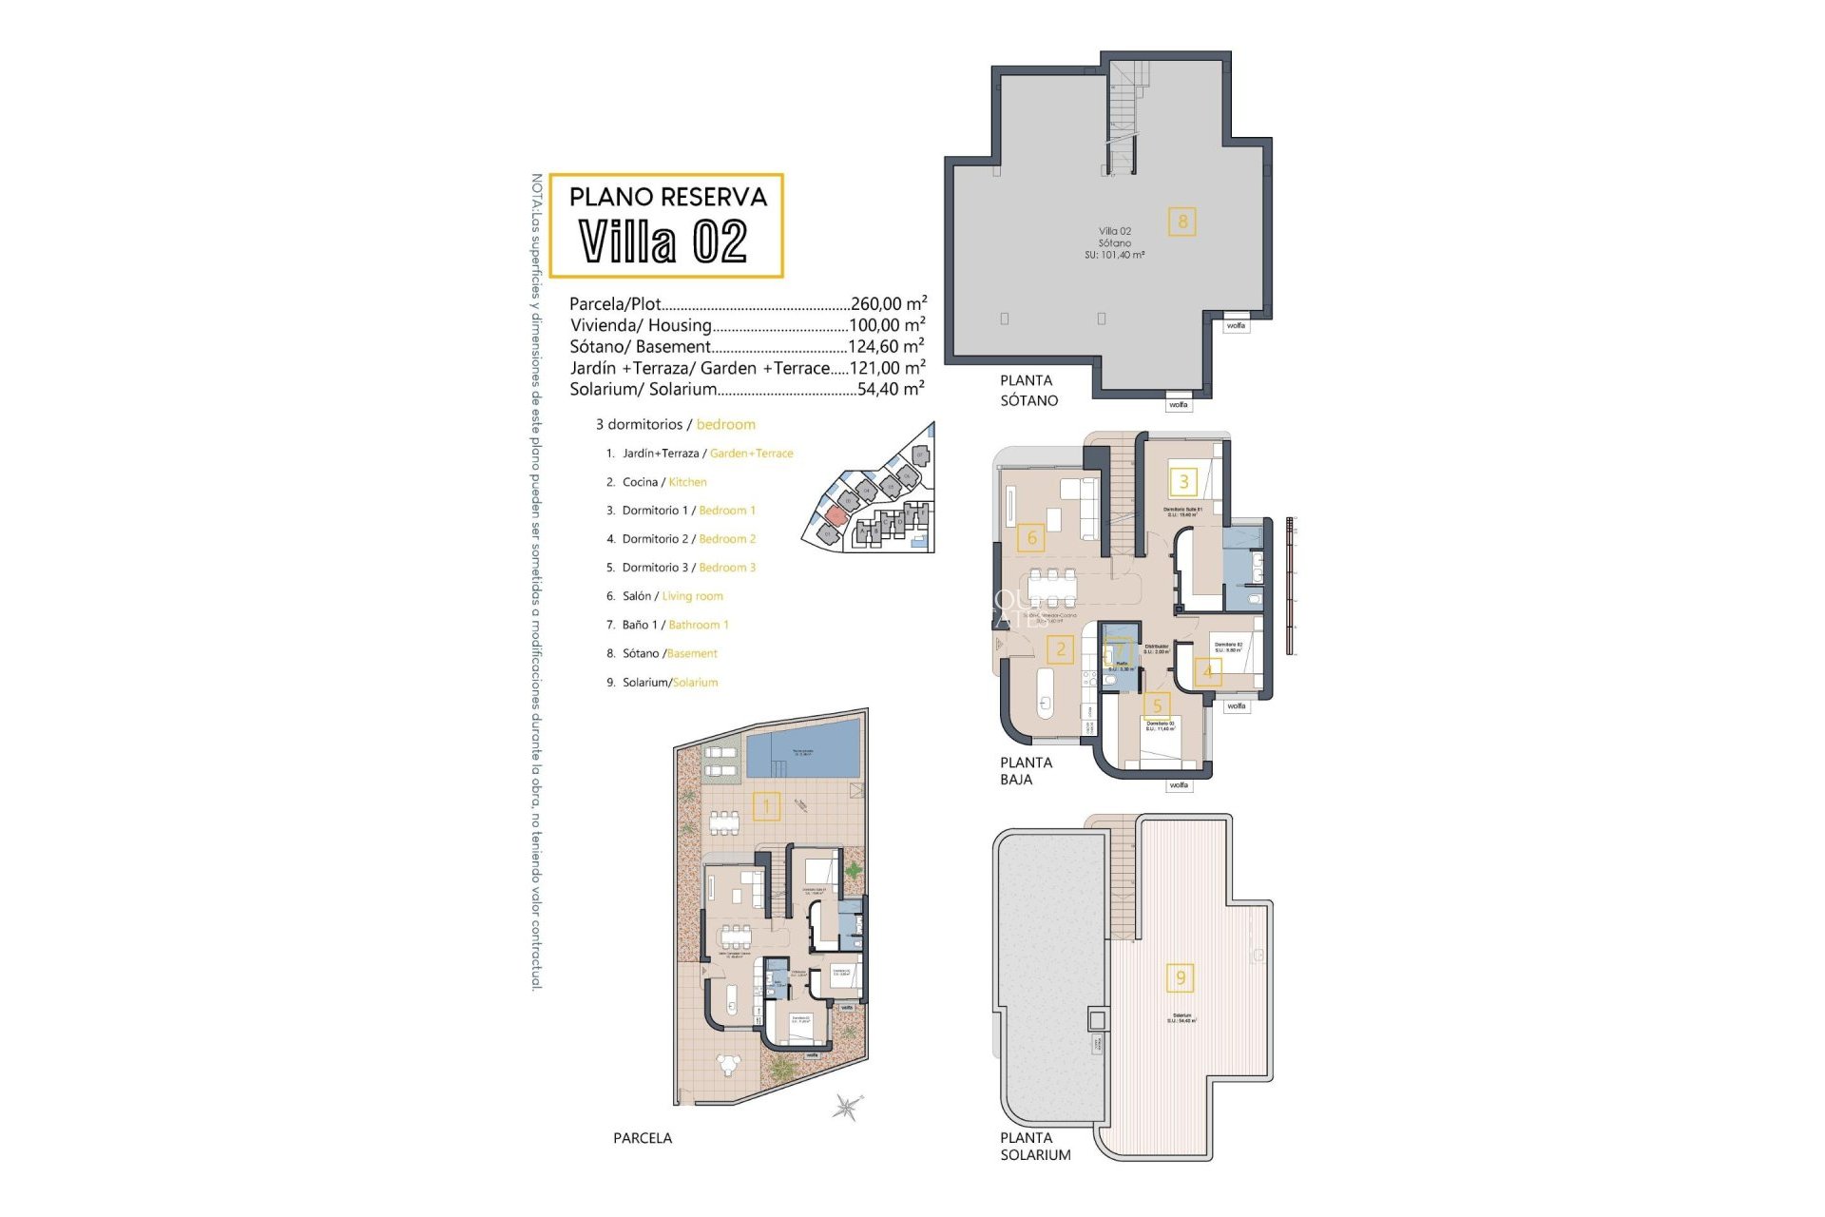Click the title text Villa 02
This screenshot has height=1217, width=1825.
(x=663, y=241)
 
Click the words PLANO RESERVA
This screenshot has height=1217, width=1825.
(x=667, y=197)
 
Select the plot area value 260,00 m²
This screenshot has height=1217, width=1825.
(x=888, y=304)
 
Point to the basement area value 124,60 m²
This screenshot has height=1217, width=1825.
(x=886, y=347)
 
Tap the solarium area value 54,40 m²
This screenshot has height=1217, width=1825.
(x=890, y=389)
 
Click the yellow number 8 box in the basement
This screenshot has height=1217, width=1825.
(x=1182, y=222)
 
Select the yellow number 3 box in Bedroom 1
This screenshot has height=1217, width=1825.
(x=1183, y=481)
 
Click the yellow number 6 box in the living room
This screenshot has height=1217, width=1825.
(x=1031, y=538)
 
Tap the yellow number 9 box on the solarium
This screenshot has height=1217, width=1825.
(x=1181, y=977)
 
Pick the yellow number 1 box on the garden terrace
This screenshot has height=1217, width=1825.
(x=766, y=807)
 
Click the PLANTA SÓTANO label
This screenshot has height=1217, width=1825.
(x=1028, y=391)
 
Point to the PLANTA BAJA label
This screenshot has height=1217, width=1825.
(x=1026, y=771)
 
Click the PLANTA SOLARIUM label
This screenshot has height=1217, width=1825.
(x=1034, y=1147)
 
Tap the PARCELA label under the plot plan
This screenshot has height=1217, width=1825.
(x=643, y=1138)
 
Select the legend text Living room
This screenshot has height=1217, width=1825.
(x=692, y=596)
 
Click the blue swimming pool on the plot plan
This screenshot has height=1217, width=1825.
(x=803, y=748)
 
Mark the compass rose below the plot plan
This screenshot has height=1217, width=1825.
(x=846, y=1107)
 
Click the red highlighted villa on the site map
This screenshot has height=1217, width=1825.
(x=835, y=515)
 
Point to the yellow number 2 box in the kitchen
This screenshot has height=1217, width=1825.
(x=1061, y=650)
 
